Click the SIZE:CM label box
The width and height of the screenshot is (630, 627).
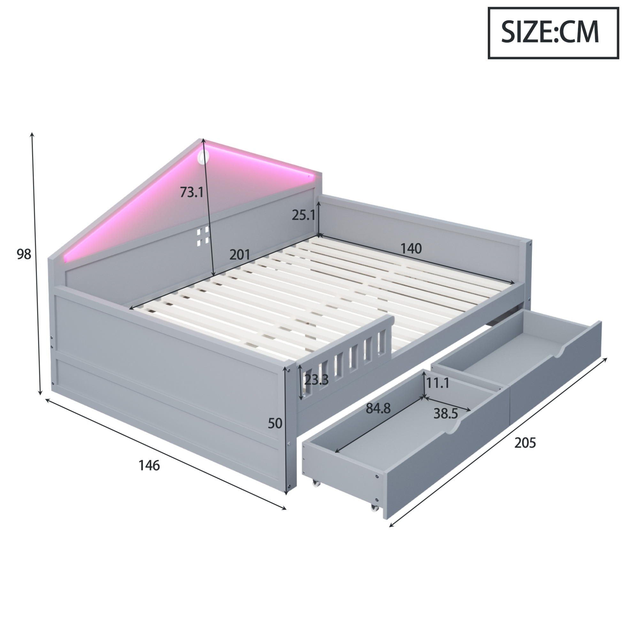click(553, 33)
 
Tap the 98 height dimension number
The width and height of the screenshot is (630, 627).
click(24, 254)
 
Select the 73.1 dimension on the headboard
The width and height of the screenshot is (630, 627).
click(192, 192)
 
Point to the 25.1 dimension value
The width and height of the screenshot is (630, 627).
click(303, 215)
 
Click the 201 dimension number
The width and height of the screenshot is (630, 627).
click(240, 255)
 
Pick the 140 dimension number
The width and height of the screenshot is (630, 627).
click(411, 249)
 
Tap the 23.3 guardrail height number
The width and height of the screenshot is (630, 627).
click(316, 380)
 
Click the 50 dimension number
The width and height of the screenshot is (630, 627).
click(275, 424)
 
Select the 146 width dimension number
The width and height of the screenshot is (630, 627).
click(149, 466)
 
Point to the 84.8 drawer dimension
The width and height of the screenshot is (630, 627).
click(378, 408)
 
